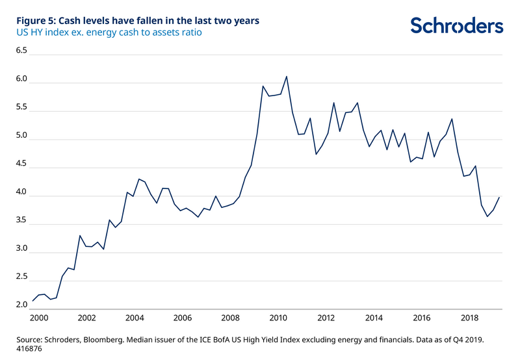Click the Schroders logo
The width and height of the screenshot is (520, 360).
(456, 25)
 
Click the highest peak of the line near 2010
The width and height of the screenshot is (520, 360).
(287, 76)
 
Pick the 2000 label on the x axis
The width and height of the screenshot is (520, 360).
(38, 318)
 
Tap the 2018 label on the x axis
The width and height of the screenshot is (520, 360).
(471, 318)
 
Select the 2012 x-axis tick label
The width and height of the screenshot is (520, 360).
(326, 318)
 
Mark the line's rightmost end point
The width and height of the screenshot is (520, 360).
(499, 197)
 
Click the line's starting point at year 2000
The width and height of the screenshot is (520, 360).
(32, 301)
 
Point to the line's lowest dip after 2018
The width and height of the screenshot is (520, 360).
(487, 216)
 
